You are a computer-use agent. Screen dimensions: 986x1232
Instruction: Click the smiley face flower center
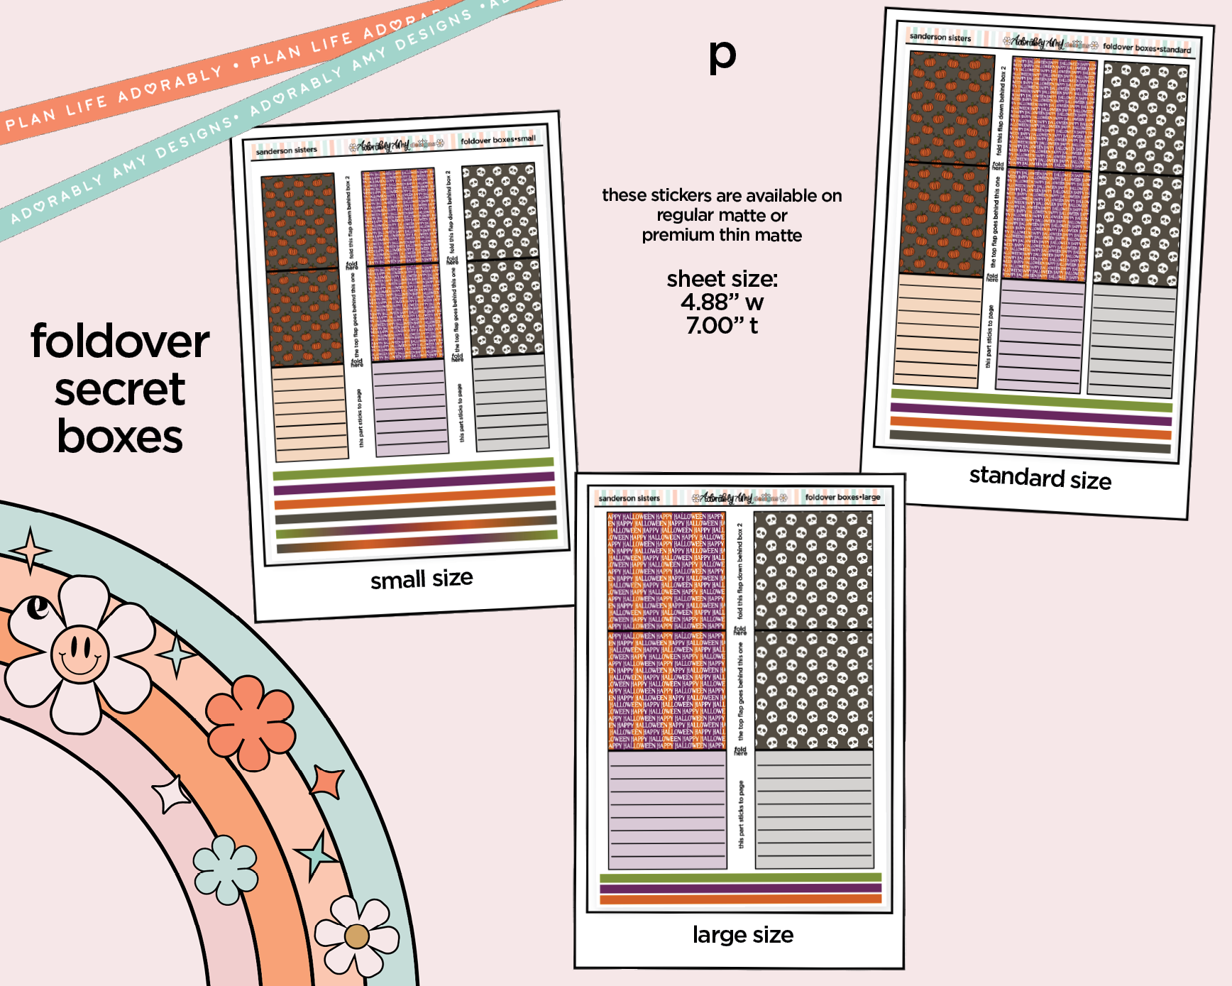(79, 653)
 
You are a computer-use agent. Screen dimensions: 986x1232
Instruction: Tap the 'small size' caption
(422, 579)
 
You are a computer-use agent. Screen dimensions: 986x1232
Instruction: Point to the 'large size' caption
(742, 935)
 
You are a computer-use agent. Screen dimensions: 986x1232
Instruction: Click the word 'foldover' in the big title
(120, 341)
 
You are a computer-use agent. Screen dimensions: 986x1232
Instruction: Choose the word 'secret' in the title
(120, 389)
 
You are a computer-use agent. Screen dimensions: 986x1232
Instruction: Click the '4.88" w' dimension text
(722, 302)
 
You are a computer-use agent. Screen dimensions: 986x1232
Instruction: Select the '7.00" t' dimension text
(722, 326)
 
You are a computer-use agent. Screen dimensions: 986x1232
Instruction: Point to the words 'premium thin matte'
(722, 235)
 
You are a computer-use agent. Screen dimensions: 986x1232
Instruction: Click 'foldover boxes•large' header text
(842, 497)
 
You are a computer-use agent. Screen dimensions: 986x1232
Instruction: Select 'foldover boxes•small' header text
(497, 140)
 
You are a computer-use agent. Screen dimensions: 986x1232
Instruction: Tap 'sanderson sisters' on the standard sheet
(940, 37)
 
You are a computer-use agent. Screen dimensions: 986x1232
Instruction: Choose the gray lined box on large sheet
(814, 809)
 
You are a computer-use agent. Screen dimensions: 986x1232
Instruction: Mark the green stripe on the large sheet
(740, 878)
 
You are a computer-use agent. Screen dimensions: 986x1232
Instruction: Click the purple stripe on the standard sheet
(1030, 413)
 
